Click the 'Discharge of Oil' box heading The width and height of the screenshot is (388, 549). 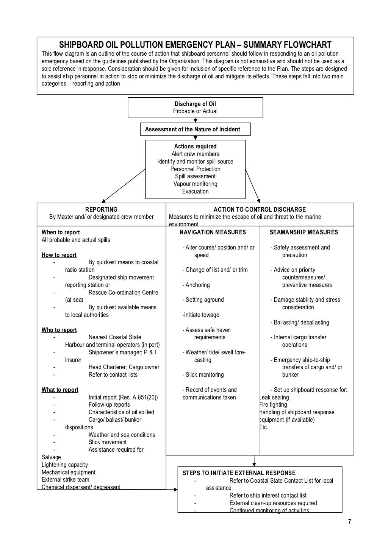coord(195,104)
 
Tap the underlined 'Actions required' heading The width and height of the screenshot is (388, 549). coord(195,147)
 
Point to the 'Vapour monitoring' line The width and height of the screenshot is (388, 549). coord(195,184)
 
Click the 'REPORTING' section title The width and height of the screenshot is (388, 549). coord(101,209)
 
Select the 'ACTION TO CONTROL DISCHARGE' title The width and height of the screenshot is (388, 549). coord(260,209)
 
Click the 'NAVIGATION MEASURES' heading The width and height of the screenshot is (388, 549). coord(213,232)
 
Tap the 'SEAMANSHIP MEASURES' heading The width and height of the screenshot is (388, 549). coord(304,232)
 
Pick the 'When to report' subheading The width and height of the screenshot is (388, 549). coord(61,232)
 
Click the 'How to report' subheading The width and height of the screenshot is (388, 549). coord(59,255)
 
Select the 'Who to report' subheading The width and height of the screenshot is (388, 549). coord(59,330)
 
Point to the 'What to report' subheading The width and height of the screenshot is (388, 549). coord(60,390)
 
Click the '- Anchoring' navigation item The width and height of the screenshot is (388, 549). coord(196,285)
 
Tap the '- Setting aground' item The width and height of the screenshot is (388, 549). coord(203,300)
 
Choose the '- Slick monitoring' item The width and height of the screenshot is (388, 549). coord(203,375)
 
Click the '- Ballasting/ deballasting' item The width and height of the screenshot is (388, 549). coord(300,323)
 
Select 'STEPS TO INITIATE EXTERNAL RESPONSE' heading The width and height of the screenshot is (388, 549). coord(239,473)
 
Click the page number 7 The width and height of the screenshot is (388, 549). coord(349,522)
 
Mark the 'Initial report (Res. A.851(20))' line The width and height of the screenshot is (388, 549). coord(123,398)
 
